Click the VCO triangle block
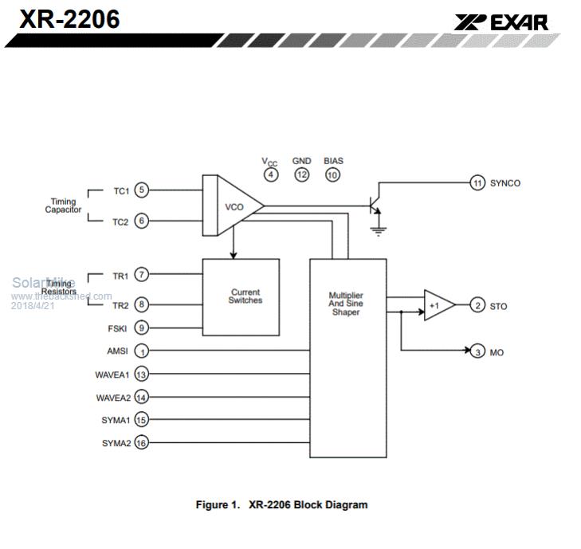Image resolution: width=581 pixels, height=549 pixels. [232, 206]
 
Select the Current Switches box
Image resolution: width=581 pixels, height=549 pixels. [241, 296]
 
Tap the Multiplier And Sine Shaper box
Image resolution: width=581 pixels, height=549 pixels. [347, 357]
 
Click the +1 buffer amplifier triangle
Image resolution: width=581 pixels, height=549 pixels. [438, 305]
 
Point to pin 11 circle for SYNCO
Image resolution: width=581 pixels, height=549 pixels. [477, 182]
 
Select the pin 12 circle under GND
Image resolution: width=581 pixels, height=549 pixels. [301, 175]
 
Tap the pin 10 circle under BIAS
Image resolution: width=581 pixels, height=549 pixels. [332, 175]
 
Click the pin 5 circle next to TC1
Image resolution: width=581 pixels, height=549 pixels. [141, 190]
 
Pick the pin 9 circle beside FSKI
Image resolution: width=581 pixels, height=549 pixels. [141, 327]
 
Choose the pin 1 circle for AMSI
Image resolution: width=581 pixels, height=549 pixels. [141, 351]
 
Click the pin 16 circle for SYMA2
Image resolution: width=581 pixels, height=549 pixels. [141, 442]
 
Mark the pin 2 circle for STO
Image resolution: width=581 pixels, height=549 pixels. [477, 305]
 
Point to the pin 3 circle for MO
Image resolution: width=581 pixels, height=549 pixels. [477, 351]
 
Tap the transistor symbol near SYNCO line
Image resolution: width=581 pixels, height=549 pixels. [373, 205]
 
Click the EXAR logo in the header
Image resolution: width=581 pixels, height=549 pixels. [501, 22]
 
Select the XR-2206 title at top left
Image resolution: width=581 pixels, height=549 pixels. [69, 18]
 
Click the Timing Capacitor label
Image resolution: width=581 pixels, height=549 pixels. [62, 206]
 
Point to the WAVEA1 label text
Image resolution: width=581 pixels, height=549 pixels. [112, 374]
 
